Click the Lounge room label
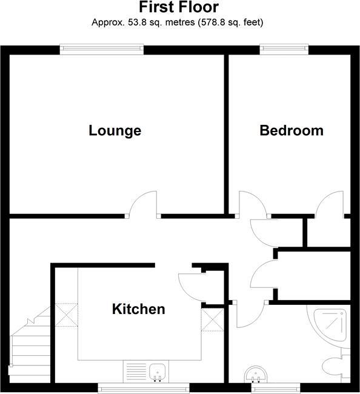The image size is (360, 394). pos(115,130)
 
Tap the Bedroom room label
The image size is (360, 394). pos(292,130)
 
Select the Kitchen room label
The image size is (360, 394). pos(139,309)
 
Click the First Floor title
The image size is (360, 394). pos(179,8)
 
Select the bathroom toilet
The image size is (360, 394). pos(335,365)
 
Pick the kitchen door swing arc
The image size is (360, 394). pos(189,285)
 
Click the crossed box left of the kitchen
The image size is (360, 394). pos(65,313)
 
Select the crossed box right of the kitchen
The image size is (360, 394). pos(212,319)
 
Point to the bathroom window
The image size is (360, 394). pos(276,386)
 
